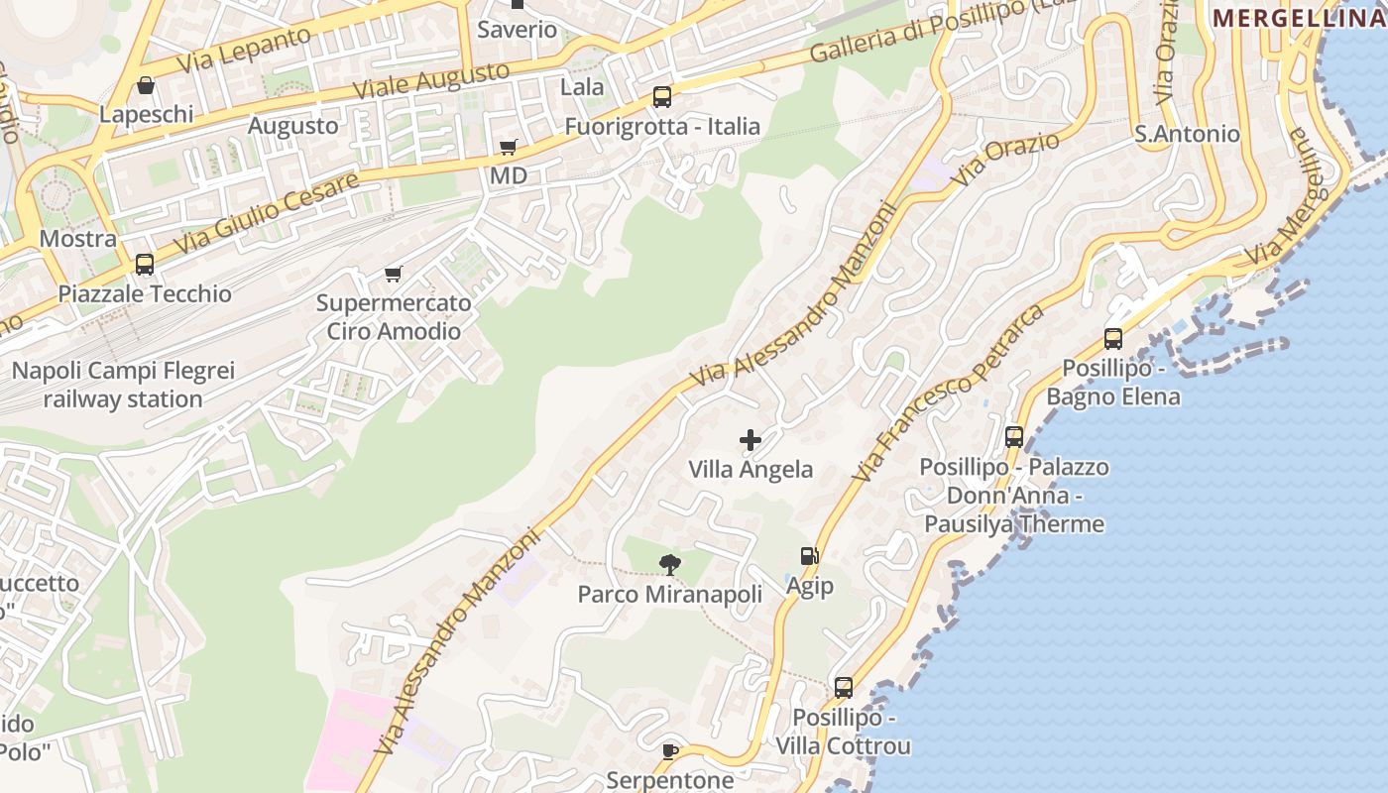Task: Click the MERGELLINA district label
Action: tap(1299, 18)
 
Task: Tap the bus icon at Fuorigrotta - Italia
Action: tap(662, 97)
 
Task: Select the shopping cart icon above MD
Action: tap(509, 148)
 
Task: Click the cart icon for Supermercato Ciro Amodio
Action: tap(394, 274)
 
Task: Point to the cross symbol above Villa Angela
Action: tap(751, 440)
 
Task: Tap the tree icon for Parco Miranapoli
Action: tap(670, 565)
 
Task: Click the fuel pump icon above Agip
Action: tap(810, 557)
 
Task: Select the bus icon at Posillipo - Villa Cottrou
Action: tap(844, 687)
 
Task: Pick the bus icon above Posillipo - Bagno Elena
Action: tap(1113, 339)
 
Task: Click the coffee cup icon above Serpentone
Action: tap(670, 751)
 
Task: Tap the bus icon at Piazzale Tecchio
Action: tap(145, 265)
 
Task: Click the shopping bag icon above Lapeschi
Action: tap(146, 86)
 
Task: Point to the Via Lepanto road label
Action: tap(244, 49)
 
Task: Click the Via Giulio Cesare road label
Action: tap(266, 212)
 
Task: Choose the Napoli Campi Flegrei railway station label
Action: tap(123, 385)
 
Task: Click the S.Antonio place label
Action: tap(1187, 134)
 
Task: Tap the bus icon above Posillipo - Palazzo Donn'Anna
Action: tap(1014, 437)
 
